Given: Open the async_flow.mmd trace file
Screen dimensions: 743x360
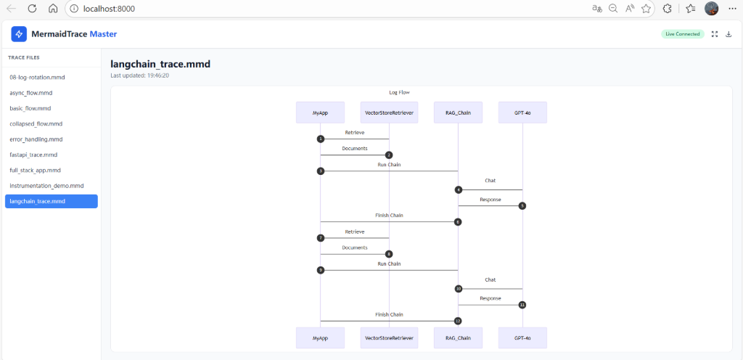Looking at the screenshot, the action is (30, 93).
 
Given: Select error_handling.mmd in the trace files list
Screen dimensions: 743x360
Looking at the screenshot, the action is (36, 139).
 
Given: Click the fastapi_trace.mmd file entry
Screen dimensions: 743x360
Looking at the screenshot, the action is (33, 155).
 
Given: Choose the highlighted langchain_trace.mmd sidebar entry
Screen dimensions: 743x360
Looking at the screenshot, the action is (52, 201).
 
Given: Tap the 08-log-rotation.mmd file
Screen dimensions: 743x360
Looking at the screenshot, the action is (37, 77).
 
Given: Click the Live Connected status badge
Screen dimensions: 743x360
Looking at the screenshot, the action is (682, 34).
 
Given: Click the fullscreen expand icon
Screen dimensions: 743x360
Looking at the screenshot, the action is (715, 34).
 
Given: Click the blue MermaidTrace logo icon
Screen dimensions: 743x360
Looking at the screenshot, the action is (19, 34).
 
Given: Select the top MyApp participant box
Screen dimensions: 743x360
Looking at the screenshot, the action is (320, 112).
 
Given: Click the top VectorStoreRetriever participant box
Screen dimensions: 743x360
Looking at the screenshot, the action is (389, 112).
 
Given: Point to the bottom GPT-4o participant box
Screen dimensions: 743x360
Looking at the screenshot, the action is (522, 338).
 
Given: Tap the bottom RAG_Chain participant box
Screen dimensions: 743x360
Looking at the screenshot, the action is (458, 338).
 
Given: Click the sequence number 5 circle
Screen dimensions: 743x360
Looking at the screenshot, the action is (522, 206).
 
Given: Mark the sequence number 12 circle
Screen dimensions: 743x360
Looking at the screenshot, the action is (458, 321).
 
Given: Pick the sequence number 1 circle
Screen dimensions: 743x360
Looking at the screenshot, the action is (321, 139).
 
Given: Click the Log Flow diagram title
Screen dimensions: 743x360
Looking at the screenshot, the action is (400, 92).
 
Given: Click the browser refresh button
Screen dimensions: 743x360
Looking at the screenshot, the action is (32, 9).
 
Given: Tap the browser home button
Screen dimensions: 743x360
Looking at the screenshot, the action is (53, 9).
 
